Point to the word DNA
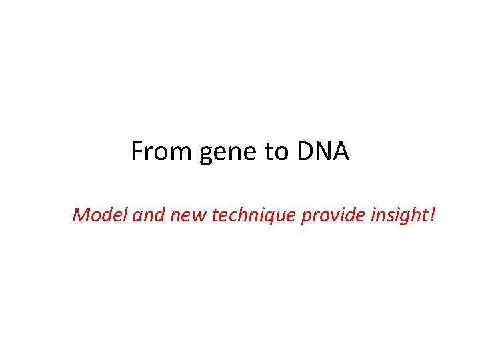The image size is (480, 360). click(x=323, y=152)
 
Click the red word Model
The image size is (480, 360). click(x=101, y=215)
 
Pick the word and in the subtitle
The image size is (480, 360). click(x=147, y=215)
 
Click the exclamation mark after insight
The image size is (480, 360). click(x=431, y=215)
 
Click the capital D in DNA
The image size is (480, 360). click(x=305, y=152)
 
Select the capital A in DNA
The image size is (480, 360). click(x=341, y=152)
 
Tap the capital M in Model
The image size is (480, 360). click(x=82, y=215)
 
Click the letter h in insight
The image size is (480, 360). click(x=414, y=215)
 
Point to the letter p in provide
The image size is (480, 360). click(x=307, y=217)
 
